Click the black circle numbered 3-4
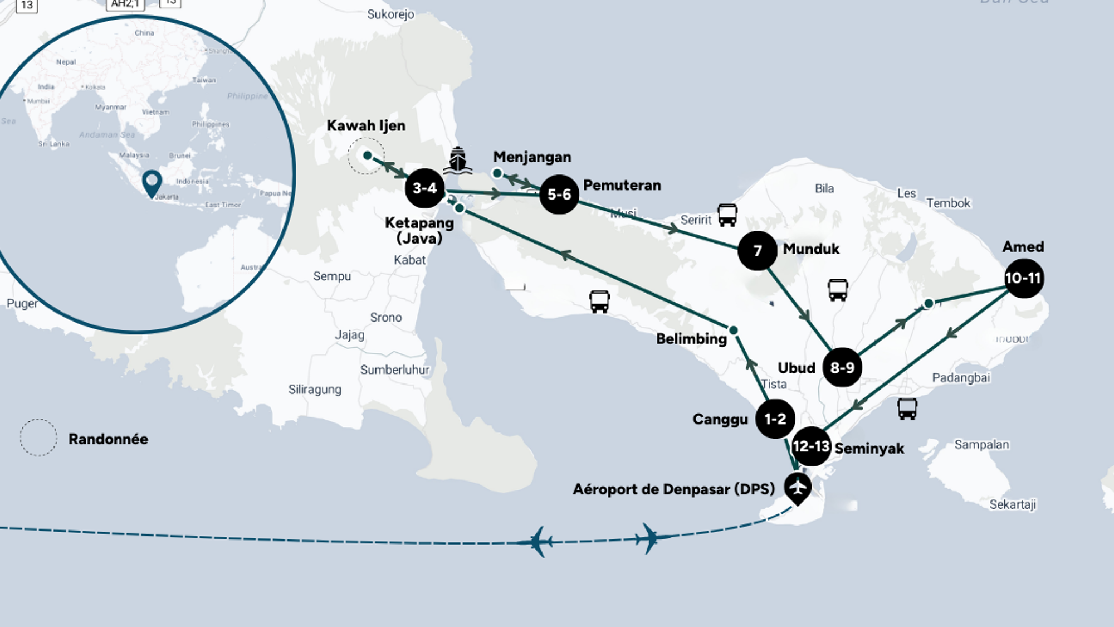click(x=424, y=188)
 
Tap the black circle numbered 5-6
click(x=559, y=195)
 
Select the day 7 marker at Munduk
click(x=758, y=251)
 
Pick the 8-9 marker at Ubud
click(x=842, y=368)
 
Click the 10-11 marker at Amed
click(x=1024, y=278)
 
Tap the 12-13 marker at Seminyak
click(x=811, y=446)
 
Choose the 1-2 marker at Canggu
click(x=775, y=419)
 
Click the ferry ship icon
click(x=457, y=160)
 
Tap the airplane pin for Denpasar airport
click(x=798, y=488)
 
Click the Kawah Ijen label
click(x=366, y=126)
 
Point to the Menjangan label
click(x=532, y=157)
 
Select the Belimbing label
click(x=691, y=339)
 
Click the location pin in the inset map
click(x=152, y=182)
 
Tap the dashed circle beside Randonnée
click(x=38, y=438)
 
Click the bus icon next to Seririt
click(x=727, y=215)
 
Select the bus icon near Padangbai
click(x=907, y=409)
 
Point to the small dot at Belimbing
click(x=734, y=330)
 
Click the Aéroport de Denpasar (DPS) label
click(x=673, y=489)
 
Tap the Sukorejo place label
click(x=390, y=14)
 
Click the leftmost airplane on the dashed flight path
click(x=537, y=541)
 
